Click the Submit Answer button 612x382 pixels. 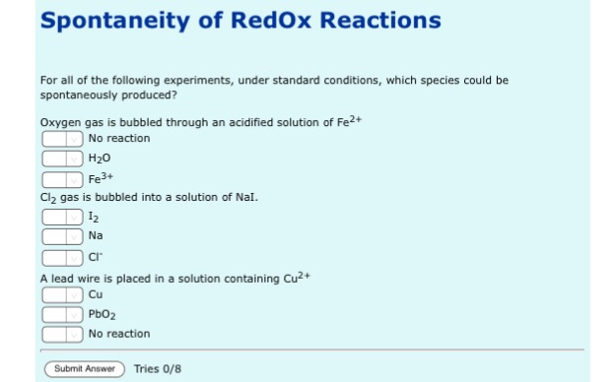[83, 369]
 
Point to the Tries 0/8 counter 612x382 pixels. [158, 369]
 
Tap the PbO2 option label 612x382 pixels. [102, 314]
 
